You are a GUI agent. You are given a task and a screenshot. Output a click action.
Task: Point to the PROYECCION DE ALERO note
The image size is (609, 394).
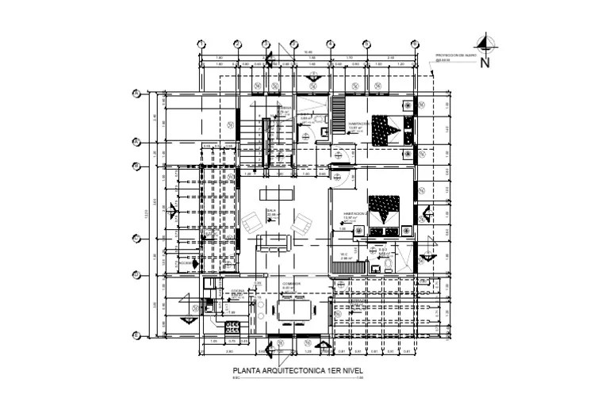coord(456,55)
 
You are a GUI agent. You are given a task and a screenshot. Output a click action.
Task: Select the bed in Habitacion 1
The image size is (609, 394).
coord(387,128)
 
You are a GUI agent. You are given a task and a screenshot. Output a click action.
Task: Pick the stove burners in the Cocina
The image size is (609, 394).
coord(234,327)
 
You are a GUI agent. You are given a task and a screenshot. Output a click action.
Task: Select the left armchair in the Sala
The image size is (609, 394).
coord(250,223)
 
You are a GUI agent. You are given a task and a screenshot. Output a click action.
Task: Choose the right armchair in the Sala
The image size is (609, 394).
coord(300,223)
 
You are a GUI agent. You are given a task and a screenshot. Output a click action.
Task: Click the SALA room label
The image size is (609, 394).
coord(271,211)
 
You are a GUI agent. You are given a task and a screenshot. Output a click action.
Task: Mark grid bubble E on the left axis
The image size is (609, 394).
coord(136,237)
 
